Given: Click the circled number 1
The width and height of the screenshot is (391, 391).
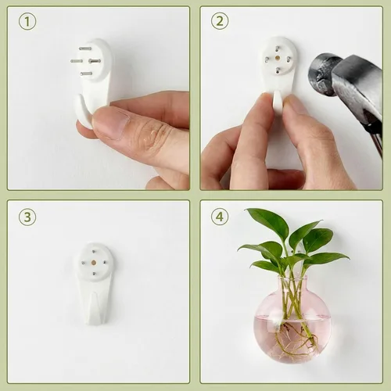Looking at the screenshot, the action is tap(27, 22).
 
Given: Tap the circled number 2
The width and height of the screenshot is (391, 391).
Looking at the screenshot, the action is tap(220, 21).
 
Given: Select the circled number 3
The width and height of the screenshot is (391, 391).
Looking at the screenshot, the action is tap(27, 217).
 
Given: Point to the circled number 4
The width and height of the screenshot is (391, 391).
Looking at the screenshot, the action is tap(220, 217).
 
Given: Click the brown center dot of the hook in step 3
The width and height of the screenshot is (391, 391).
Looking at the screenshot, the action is tap(93, 263).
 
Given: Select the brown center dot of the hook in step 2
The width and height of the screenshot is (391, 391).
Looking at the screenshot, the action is tap(278, 58).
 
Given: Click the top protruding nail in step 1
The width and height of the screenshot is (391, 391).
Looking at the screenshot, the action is tap(85, 48).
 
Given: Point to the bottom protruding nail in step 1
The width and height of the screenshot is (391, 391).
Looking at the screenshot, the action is tap(86, 74).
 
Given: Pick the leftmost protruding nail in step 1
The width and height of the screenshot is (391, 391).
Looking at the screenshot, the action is tap(77, 61).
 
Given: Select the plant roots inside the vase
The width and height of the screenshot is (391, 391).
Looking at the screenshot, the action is tap(295, 339).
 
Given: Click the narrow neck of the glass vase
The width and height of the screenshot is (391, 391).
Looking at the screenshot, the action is tap(292, 284).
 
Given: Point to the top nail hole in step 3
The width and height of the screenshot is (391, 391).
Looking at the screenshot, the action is tap(93, 252).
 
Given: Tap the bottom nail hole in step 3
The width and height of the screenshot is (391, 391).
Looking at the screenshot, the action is tap(94, 274).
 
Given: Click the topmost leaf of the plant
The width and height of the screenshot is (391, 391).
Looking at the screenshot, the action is tap(267, 221).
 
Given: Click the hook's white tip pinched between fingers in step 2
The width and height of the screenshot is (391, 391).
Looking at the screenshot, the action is tap(277, 102).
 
